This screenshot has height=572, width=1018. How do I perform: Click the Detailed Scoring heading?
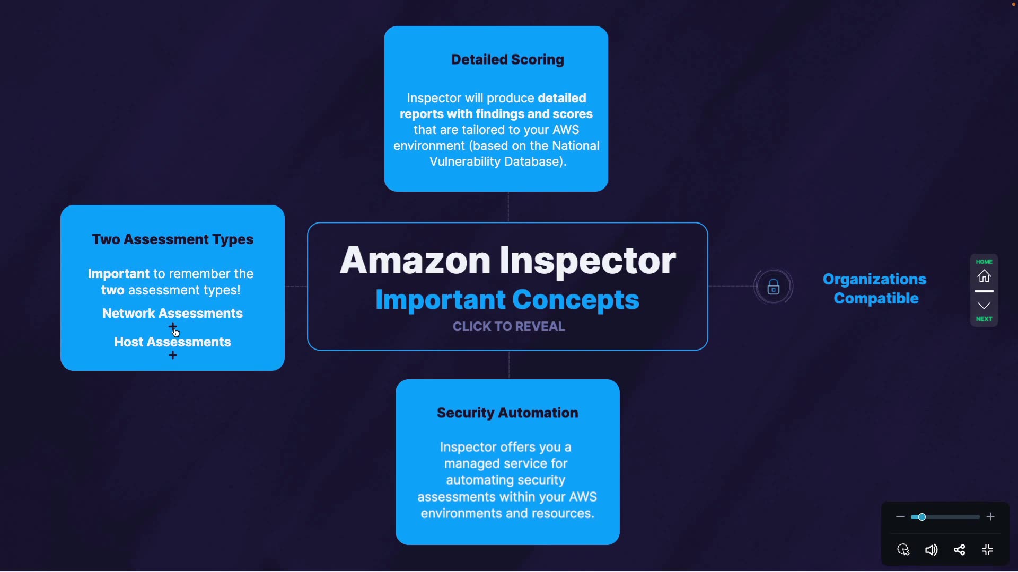pyautogui.click(x=507, y=60)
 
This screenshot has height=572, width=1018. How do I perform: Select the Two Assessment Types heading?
pyautogui.click(x=172, y=239)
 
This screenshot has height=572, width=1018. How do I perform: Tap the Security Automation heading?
pyautogui.click(x=507, y=413)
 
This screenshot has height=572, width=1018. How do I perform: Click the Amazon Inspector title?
pyautogui.click(x=507, y=260)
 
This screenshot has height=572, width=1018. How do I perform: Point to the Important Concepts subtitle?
pyautogui.click(x=507, y=300)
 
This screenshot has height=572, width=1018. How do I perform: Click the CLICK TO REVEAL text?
pyautogui.click(x=508, y=327)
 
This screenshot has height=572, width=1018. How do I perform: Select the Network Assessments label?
pyautogui.click(x=172, y=314)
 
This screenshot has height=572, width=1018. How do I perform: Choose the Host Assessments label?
pyautogui.click(x=172, y=342)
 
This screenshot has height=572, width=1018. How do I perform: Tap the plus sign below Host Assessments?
pyautogui.click(x=173, y=355)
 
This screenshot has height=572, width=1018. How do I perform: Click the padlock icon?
pyautogui.click(x=774, y=287)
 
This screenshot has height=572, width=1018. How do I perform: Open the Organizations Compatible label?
pyautogui.click(x=875, y=289)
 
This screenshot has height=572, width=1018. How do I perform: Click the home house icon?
pyautogui.click(x=984, y=276)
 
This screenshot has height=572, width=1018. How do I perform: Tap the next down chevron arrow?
pyautogui.click(x=984, y=306)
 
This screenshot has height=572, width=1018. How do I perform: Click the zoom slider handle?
pyautogui.click(x=922, y=517)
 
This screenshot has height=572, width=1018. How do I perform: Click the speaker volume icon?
pyautogui.click(x=931, y=550)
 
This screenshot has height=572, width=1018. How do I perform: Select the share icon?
pyautogui.click(x=959, y=550)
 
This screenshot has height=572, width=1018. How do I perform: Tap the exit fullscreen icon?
pyautogui.click(x=987, y=550)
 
